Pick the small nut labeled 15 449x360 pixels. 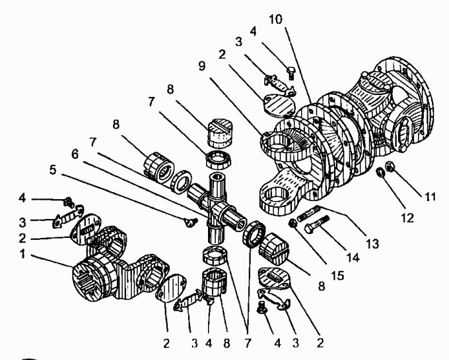point(292,225)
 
